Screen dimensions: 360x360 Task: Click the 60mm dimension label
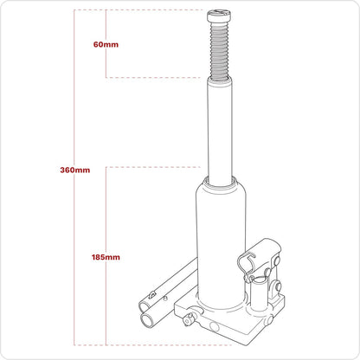tap(105, 44)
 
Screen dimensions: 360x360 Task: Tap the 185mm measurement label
tap(105, 257)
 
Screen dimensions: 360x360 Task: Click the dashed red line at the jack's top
tap(156, 10)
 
